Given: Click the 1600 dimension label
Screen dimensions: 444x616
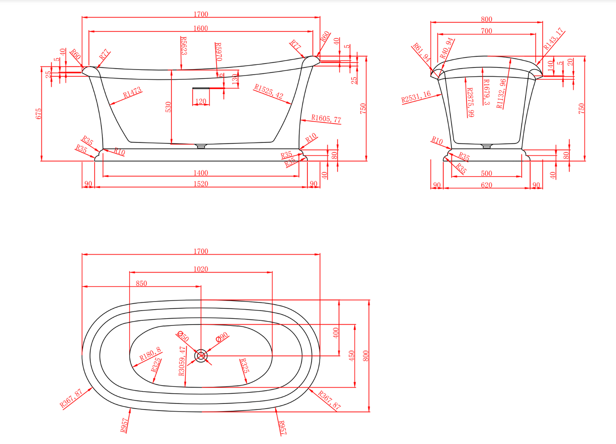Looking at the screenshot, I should pyautogui.click(x=200, y=28).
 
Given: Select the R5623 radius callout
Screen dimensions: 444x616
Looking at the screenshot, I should pyautogui.click(x=184, y=46).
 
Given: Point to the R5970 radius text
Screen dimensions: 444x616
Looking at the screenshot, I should pyautogui.click(x=218, y=52).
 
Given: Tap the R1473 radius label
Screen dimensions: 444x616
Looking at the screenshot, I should pyautogui.click(x=132, y=93).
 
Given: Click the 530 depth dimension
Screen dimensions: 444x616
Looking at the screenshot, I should pyautogui.click(x=168, y=107).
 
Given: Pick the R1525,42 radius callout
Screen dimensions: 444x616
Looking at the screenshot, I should pyautogui.click(x=269, y=91).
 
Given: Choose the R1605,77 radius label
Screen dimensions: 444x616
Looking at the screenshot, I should pyautogui.click(x=326, y=119).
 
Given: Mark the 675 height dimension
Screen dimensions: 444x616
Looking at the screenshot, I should pyautogui.click(x=39, y=113).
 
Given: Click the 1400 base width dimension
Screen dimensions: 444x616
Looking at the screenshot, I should pyautogui.click(x=200, y=173).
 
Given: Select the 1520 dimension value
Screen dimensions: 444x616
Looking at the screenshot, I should pyautogui.click(x=200, y=184).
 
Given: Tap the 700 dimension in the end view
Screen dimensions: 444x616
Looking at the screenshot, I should pyautogui.click(x=486, y=31).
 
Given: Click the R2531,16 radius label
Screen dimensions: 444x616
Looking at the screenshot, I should pyautogui.click(x=416, y=97).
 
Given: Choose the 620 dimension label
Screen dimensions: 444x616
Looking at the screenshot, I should pyautogui.click(x=486, y=185).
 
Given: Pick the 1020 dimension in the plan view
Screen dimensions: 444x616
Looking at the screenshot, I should pyautogui.click(x=200, y=269).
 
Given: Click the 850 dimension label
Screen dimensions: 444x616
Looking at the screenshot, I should pyautogui.click(x=141, y=283).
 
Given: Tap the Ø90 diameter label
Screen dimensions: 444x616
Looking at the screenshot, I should pyautogui.click(x=222, y=337).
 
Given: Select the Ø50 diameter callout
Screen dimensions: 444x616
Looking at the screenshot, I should pyautogui.click(x=182, y=336).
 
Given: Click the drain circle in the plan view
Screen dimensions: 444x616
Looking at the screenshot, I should pyautogui.click(x=201, y=355).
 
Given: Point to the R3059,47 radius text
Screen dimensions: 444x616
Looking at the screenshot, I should pyautogui.click(x=182, y=361).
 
